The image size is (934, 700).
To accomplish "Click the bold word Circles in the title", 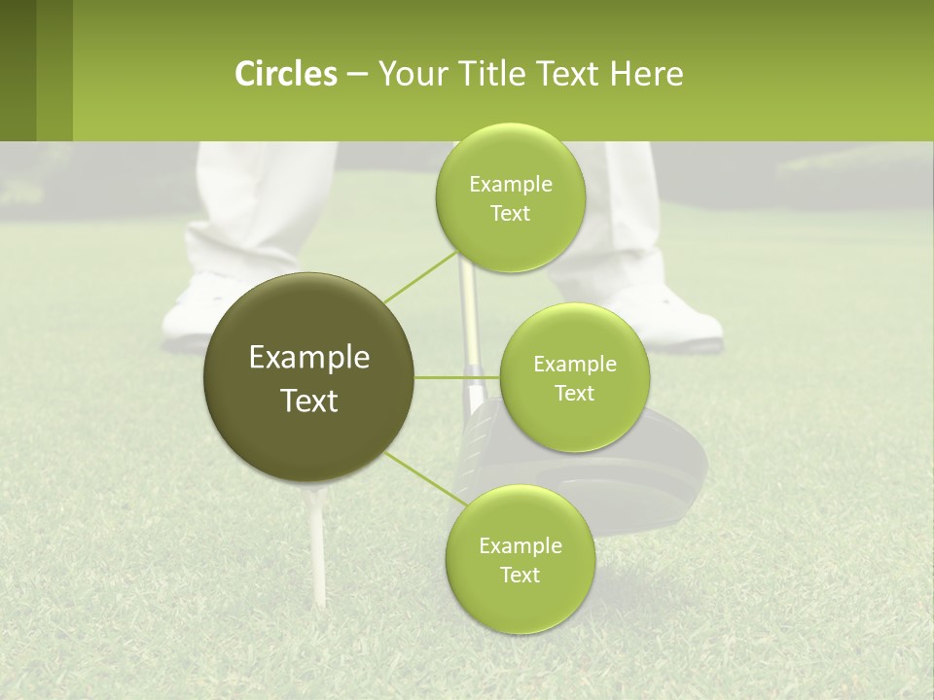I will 285,74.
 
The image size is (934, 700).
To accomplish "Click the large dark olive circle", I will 309,377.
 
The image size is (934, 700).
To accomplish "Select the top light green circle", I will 510,197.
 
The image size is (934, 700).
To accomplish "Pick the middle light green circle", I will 574,377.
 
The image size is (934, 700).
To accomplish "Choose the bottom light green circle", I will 520,559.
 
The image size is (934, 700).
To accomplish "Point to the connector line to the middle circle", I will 457,377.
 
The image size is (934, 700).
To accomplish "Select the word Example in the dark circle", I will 309,358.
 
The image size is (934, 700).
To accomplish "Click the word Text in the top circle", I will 510,214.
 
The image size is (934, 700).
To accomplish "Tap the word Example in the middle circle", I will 574,365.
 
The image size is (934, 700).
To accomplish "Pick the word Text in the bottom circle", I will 520,575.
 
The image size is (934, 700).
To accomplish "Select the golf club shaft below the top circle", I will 470,321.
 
